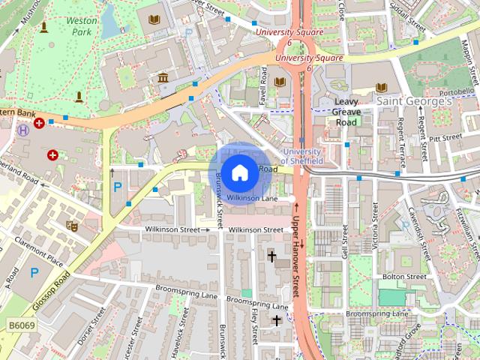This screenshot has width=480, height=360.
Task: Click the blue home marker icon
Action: point(238,172)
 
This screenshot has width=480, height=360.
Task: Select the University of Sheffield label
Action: point(302,156)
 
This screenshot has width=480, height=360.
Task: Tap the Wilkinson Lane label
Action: point(252,199)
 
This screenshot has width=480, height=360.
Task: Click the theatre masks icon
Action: point(72,224)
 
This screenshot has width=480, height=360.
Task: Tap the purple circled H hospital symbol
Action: point(23,130)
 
